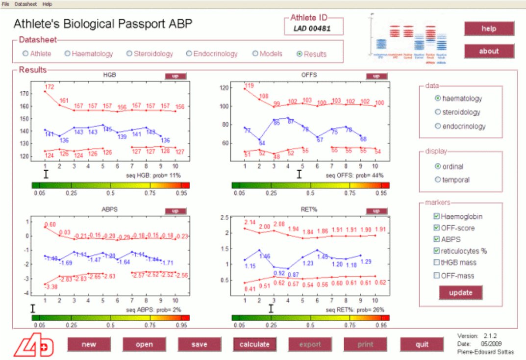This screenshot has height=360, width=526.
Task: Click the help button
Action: tap(489, 28)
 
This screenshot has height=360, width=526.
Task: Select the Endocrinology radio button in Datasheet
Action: tap(189, 54)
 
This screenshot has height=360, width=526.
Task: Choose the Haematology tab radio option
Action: tap(68, 54)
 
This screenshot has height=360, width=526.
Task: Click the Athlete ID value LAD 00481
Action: tap(312, 28)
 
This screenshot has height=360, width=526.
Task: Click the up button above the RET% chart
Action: tap(376, 211)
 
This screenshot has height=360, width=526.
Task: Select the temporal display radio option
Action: tap(438, 180)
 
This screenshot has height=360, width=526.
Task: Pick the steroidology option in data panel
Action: tap(438, 112)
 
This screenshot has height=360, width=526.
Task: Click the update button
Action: tap(460, 293)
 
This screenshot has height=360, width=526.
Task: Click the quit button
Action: tap(422, 344)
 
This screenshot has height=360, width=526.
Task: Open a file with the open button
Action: tap(144, 344)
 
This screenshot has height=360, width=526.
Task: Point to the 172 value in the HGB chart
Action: tap(50, 87)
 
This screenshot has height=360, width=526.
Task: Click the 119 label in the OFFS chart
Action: tap(249, 85)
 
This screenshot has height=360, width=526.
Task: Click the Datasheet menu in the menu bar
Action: tap(22, 3)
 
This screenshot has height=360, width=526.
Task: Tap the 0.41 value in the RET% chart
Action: tap(250, 289)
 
